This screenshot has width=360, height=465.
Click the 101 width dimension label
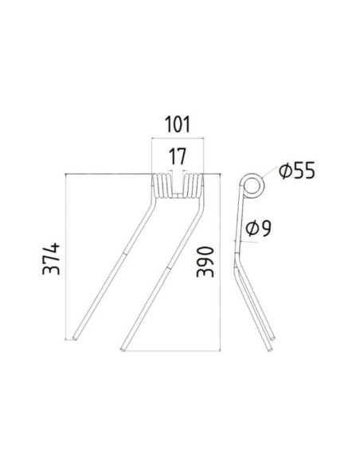tap(178, 126)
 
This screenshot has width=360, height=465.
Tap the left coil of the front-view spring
tap(161, 186)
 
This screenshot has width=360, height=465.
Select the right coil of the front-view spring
tap(194, 186)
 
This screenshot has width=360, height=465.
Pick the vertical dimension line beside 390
tap(220, 263)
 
